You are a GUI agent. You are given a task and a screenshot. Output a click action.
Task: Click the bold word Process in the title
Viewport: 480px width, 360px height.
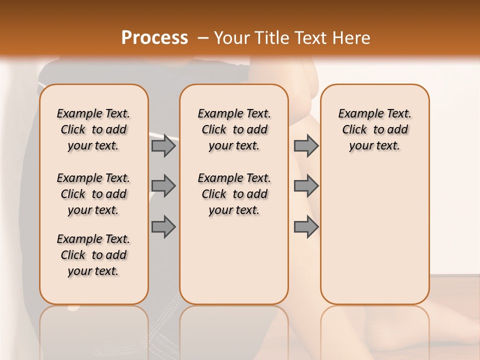[x=154, y=37]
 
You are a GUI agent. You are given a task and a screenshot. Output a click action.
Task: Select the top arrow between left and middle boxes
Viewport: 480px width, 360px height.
[x=163, y=145]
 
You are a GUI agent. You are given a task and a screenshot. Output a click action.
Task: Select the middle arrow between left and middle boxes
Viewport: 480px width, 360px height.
[x=163, y=186]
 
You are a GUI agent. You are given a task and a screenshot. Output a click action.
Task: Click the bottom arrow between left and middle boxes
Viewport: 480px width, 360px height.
[x=163, y=227]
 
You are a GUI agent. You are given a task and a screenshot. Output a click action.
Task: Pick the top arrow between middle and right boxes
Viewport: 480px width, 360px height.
[x=306, y=145]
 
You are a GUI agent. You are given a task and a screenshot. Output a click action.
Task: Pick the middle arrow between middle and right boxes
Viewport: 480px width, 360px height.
[x=306, y=186]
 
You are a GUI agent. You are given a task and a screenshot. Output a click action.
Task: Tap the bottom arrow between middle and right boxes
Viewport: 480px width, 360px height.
[x=306, y=227]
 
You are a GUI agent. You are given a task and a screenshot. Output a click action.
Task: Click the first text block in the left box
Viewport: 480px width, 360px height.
[x=93, y=129]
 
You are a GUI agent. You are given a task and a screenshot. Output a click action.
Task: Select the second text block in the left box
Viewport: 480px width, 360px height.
[x=93, y=194]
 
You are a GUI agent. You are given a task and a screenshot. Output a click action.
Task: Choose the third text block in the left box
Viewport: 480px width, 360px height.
[x=93, y=255]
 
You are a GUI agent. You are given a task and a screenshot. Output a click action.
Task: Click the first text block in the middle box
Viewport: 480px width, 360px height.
[x=234, y=129]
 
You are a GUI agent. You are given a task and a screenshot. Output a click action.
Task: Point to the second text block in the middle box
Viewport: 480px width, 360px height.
[x=234, y=194]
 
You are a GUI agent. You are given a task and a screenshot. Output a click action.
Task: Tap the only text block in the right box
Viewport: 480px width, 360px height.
[x=374, y=129]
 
